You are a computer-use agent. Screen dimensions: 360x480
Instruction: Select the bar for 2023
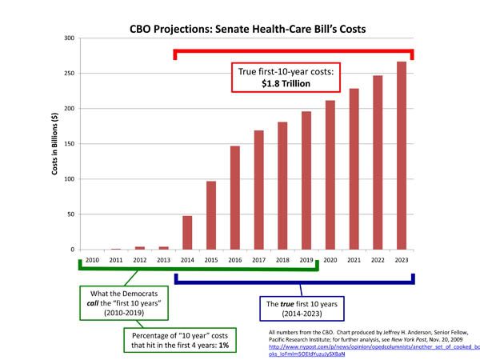point(402,156)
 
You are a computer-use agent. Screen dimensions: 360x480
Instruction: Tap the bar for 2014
point(187,233)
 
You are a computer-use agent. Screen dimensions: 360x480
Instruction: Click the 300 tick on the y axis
point(69,38)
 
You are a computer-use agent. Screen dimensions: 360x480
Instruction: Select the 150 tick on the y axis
point(69,144)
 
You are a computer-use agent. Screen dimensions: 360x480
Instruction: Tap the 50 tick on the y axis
point(70,214)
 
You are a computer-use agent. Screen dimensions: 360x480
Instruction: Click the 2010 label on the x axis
point(92,261)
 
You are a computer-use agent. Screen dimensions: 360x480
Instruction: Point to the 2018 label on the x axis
point(282,261)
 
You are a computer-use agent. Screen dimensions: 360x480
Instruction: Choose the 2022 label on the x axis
point(378,261)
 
